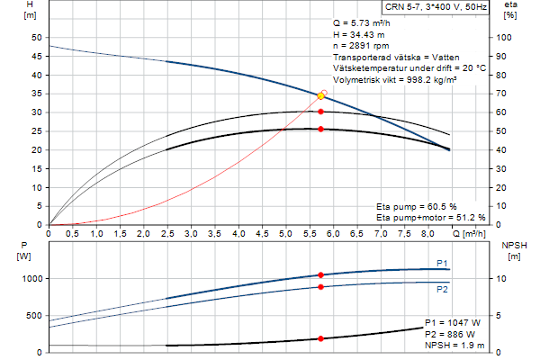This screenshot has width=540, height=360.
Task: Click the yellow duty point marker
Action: (x=321, y=95)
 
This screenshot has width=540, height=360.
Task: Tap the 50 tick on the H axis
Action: (x=37, y=38)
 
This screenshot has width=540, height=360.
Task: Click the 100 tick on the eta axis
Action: (x=509, y=38)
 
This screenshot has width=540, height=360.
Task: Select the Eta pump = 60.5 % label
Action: (x=417, y=206)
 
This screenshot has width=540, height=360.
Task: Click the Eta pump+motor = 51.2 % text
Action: (x=430, y=217)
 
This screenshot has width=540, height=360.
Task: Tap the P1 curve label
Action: (x=442, y=262)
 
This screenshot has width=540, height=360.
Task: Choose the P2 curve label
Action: (x=442, y=289)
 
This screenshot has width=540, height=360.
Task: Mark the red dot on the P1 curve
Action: (x=320, y=274)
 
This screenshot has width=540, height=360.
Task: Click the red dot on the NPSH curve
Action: (x=320, y=338)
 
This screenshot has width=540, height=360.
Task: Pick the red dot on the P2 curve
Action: (x=320, y=287)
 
